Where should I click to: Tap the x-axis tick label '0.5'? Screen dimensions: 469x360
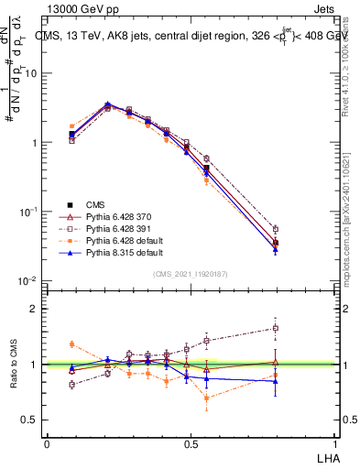click(191, 442)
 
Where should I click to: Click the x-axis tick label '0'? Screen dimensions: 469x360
click(47, 442)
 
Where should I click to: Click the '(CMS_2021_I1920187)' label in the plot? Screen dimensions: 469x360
click(191, 272)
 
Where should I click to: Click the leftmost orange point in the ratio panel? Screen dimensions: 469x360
click(71, 344)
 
